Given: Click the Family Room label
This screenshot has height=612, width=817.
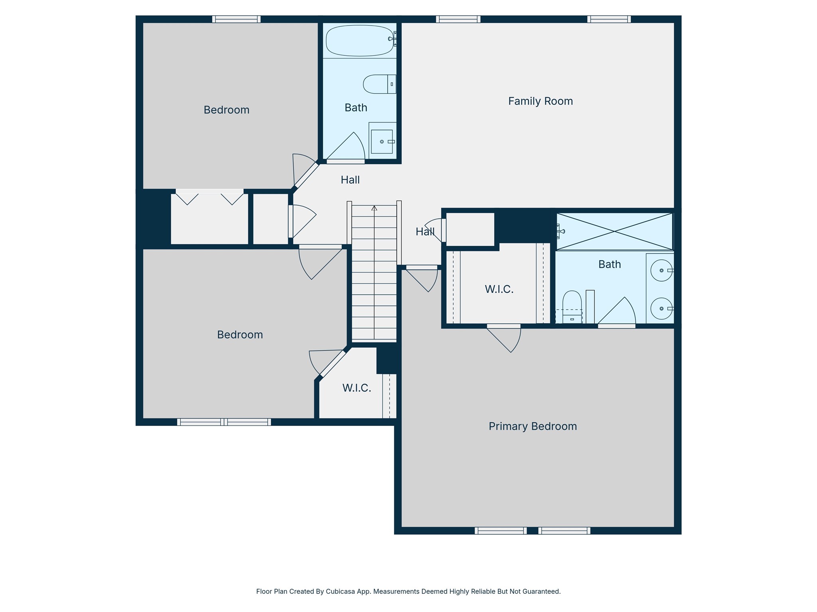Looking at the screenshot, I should tap(540, 101).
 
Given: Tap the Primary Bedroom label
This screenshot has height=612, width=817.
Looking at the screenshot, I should tap(533, 426).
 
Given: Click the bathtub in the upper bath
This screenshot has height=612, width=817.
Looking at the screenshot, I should tap(359, 41).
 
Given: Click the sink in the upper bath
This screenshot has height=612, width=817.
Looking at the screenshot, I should tap(382, 141).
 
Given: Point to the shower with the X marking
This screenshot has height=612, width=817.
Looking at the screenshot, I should tap(614, 231).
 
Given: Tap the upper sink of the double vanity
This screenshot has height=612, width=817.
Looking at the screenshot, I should tap(661, 271).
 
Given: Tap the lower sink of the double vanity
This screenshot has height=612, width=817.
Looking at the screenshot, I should tap(661, 309).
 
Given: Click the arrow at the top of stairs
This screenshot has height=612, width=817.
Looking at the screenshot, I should tap(374, 208).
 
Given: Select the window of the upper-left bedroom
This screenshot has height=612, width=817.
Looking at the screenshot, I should tap(236, 19).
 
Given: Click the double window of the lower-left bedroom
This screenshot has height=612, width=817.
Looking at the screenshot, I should tap(224, 422).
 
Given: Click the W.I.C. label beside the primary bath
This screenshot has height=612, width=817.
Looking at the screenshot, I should tap(499, 289).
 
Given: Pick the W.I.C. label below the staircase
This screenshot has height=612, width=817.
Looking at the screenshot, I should tap(357, 388).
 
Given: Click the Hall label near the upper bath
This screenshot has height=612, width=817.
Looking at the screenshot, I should tap(350, 180).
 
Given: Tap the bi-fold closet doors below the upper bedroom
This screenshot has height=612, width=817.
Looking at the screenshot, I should tap(209, 198).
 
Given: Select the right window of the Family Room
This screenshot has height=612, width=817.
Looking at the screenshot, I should tap(609, 19).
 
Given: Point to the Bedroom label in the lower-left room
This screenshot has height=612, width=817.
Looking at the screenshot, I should tap(240, 335).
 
